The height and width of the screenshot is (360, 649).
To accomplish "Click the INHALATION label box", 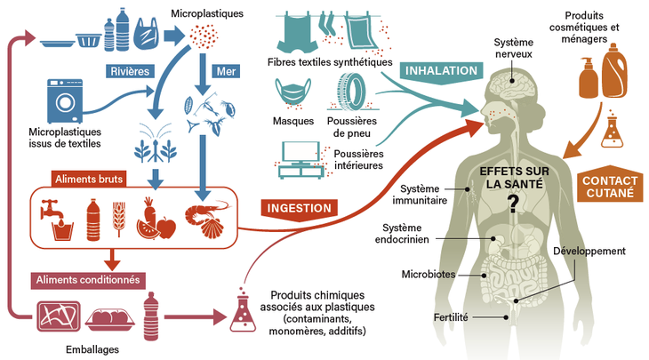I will [x=440, y=70].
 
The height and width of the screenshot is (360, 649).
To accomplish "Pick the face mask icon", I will [x=294, y=94].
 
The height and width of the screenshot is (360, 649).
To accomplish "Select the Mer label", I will [x=223, y=70].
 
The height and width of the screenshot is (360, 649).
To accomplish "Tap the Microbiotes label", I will [x=429, y=275].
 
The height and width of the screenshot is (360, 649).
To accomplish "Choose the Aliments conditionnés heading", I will [x=87, y=279].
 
